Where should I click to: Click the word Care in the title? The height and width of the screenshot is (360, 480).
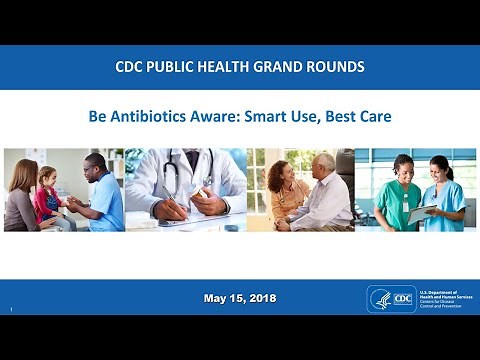pyautogui.click(x=373, y=116)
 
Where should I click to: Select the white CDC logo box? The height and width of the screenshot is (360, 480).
pyautogui.click(x=398, y=299)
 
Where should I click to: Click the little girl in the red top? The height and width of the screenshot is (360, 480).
pyautogui.click(x=47, y=190)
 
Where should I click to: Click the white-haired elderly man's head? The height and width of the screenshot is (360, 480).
pyautogui.click(x=324, y=164)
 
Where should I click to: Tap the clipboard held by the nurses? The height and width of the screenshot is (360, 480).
pyautogui.click(x=424, y=212)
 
